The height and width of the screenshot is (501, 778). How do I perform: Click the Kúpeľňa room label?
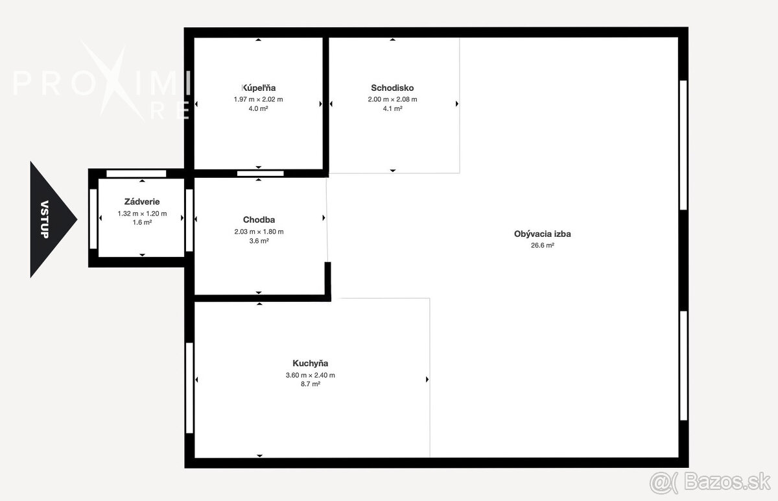(x=259, y=88)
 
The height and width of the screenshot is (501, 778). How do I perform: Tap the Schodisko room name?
(x=392, y=88)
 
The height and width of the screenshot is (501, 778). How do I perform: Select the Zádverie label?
(x=142, y=201)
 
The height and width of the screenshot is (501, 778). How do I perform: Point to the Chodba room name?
(x=259, y=220)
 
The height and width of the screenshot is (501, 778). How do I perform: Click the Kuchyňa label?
(x=310, y=363)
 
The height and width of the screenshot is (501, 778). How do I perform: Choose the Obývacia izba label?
(x=543, y=234)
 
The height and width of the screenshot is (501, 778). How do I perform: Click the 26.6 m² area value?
(x=543, y=245)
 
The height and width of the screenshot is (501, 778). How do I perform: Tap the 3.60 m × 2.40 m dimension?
(x=310, y=375)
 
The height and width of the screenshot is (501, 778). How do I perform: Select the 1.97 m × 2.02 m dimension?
(x=259, y=99)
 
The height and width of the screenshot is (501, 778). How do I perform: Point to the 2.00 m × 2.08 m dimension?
(x=392, y=99)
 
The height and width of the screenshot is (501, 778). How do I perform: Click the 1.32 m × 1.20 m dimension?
(x=142, y=214)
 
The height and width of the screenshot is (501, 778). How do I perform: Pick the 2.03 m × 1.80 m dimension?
(x=259, y=232)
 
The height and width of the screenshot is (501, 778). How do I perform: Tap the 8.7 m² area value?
(x=310, y=384)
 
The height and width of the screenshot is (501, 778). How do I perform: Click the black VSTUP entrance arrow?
(x=52, y=219)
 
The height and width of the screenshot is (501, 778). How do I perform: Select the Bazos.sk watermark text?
(x=727, y=482)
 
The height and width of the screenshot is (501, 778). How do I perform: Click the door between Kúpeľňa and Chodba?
(x=261, y=173)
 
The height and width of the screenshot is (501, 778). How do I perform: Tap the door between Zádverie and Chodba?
(x=189, y=220)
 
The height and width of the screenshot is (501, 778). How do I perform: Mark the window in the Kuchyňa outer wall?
(x=189, y=388)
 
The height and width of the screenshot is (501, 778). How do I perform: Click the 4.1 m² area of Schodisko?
(x=392, y=108)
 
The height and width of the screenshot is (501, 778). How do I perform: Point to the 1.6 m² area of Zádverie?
(x=142, y=223)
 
